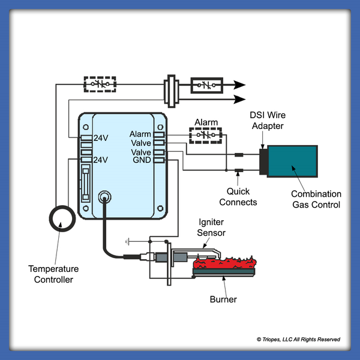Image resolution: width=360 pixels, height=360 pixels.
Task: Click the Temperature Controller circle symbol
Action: pos(60,219)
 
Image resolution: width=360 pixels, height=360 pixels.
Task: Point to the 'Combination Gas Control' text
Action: pos(316,200)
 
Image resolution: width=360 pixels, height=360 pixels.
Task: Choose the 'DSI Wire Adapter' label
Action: pos(268,120)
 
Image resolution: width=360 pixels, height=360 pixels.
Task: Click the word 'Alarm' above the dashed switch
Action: pos(206,122)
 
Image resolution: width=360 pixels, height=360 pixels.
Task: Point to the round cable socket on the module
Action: pos(106,196)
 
